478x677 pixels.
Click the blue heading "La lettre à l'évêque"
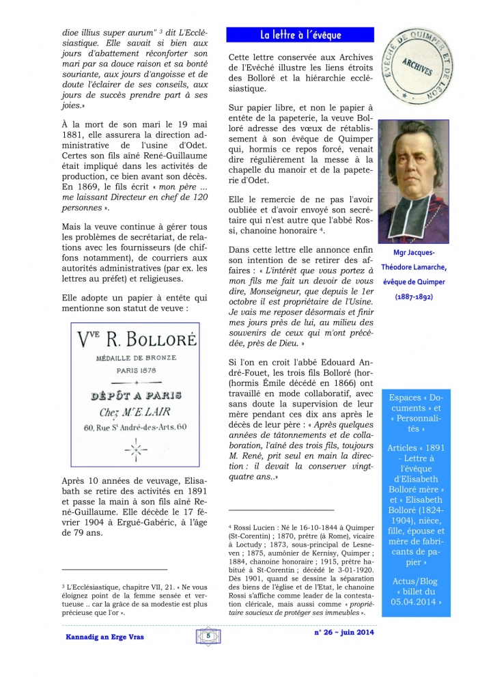[x=300, y=35]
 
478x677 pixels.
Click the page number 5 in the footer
[x=207, y=635]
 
